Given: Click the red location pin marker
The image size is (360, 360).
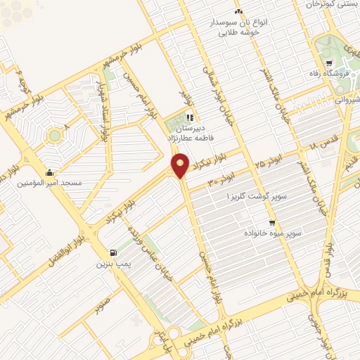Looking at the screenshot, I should click(x=181, y=166).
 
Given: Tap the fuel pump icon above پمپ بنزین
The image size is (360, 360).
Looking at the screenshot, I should click(x=112, y=252).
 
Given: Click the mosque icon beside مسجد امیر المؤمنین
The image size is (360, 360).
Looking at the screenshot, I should click(x=49, y=172).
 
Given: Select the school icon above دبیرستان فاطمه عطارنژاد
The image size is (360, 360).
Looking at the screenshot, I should click(x=189, y=119).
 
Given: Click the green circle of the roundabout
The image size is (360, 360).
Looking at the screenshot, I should click(x=53, y=134).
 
